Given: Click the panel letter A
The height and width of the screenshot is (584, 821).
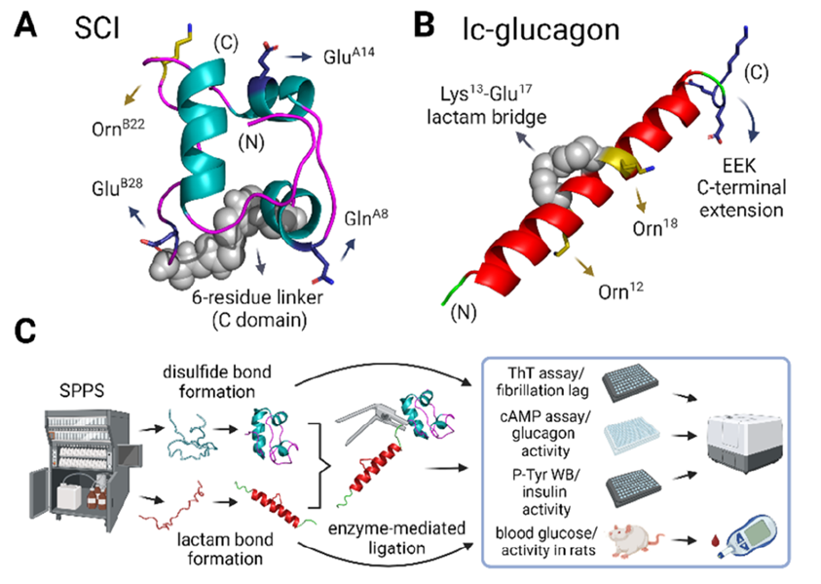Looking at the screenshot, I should point(27,26).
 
